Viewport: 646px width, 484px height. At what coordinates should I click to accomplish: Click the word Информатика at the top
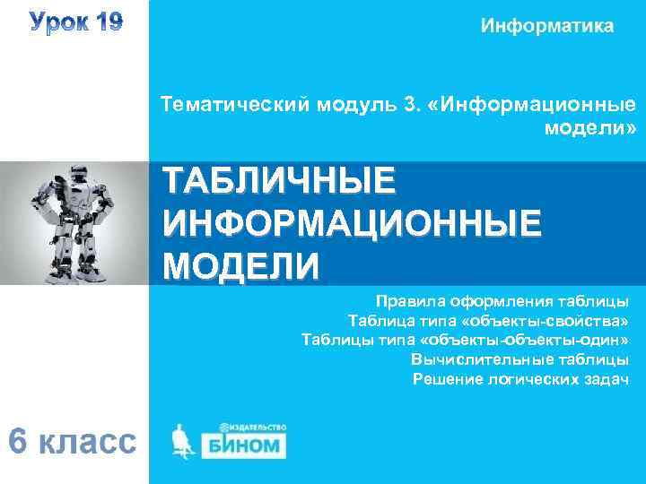pyautogui.click(x=547, y=26)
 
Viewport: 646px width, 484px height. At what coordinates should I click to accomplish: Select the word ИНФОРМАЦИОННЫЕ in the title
pyautogui.click(x=352, y=221)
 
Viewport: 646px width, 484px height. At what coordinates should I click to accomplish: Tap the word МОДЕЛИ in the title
pyautogui.click(x=240, y=264)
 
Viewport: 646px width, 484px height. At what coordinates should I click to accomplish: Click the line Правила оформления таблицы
pyautogui.click(x=502, y=300)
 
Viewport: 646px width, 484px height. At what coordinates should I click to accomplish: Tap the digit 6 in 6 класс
pyautogui.click(x=20, y=441)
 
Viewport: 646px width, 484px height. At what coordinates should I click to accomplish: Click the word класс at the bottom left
pyautogui.click(x=88, y=441)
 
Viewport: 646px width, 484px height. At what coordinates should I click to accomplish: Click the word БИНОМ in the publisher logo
pyautogui.click(x=246, y=445)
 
